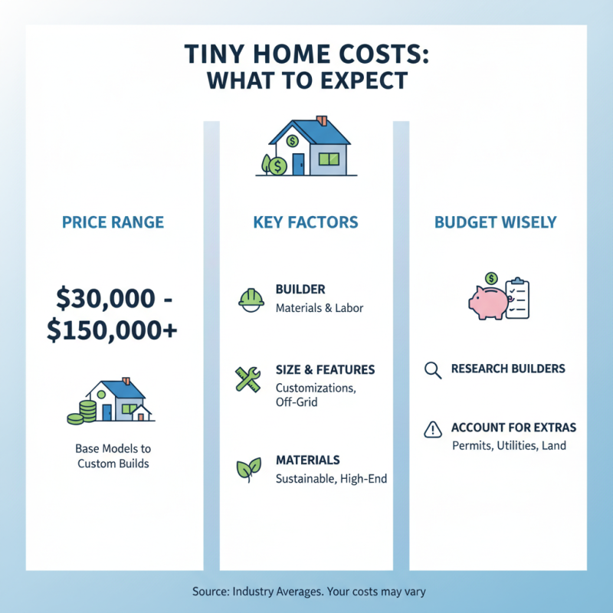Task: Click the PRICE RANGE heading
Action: [113, 223]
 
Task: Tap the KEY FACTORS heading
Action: [305, 223]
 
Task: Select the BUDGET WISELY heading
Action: [496, 223]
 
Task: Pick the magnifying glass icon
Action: [433, 370]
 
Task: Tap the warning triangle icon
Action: [433, 430]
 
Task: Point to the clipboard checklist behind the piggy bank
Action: [518, 296]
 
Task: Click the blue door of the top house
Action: [297, 162]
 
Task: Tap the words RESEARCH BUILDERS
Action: [508, 369]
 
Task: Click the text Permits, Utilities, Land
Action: [509, 444]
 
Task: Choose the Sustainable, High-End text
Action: [331, 479]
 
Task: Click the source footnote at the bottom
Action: [306, 592]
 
